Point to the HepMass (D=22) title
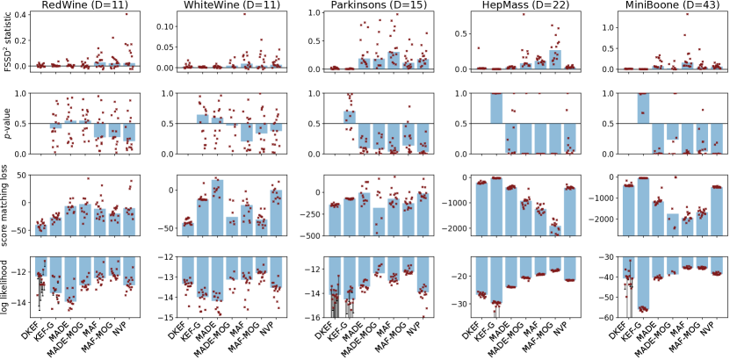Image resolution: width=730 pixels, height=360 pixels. (516, 7)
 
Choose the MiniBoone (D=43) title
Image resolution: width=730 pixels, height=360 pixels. (660, 7)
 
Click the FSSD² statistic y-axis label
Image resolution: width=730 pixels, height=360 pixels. (8, 41)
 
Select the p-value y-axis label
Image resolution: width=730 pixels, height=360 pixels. (8, 123)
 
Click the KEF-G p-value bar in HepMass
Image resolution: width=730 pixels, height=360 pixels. (495, 108)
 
